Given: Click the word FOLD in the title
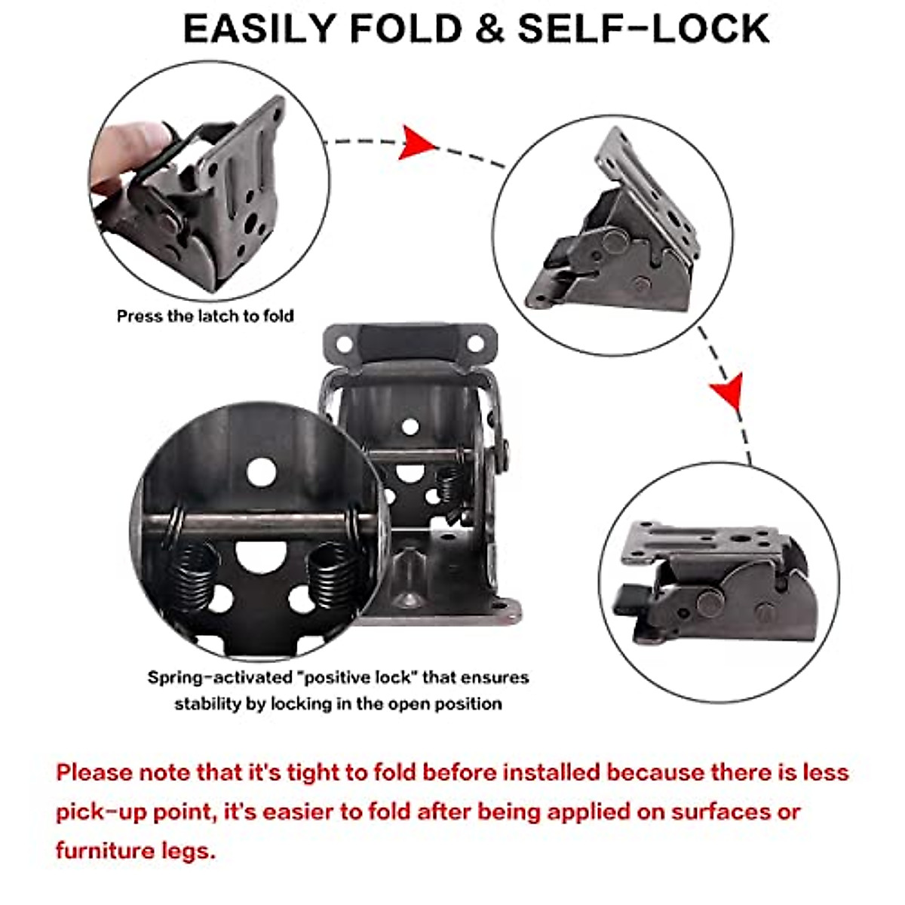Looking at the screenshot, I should tap(406, 29).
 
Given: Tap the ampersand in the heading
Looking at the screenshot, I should tap(488, 29).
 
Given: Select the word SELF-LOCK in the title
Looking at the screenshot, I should tap(643, 29).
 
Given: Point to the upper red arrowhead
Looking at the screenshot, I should tap(416, 142).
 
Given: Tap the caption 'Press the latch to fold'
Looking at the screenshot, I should tap(205, 316).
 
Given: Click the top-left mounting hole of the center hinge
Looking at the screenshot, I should tap(344, 345).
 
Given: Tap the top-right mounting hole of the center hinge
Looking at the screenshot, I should tap(475, 345).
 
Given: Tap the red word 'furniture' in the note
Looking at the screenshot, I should tap(104, 851).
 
